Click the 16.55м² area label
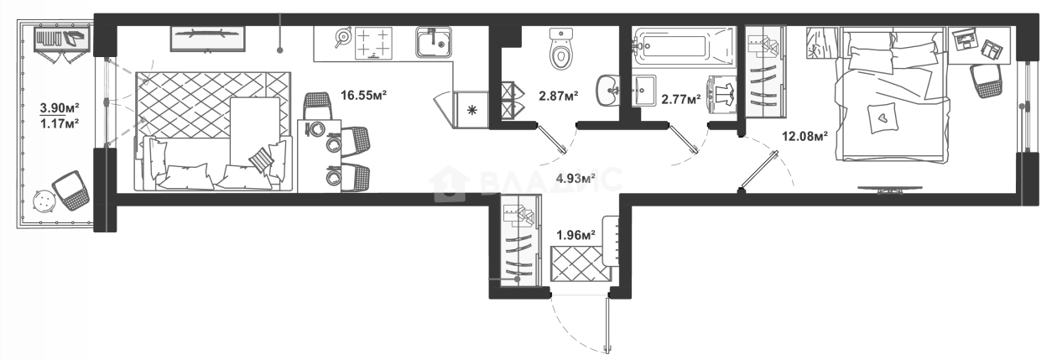point(363,96)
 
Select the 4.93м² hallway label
point(575,177)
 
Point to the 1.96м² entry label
point(575,235)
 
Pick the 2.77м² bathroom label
point(680,99)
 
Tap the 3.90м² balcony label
point(60,107)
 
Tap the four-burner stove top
point(373,44)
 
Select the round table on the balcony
point(41,201)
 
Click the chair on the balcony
point(70,190)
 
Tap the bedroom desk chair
point(986,81)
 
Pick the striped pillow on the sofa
point(263,158)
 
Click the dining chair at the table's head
point(316,106)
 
